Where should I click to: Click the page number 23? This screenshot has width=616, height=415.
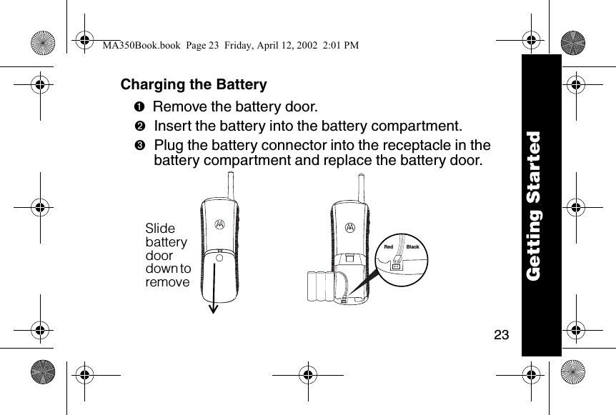click(x=501, y=334)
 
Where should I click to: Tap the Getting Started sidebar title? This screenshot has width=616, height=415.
click(x=540, y=206)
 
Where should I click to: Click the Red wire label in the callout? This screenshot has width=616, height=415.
click(x=389, y=247)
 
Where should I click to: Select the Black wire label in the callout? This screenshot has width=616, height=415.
click(x=412, y=247)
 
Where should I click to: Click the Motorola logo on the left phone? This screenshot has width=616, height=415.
click(x=219, y=222)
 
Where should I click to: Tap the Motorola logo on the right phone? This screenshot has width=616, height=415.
click(x=350, y=228)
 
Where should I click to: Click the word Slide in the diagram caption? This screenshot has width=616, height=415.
click(x=160, y=229)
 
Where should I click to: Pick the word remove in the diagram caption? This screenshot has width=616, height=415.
click(x=168, y=282)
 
